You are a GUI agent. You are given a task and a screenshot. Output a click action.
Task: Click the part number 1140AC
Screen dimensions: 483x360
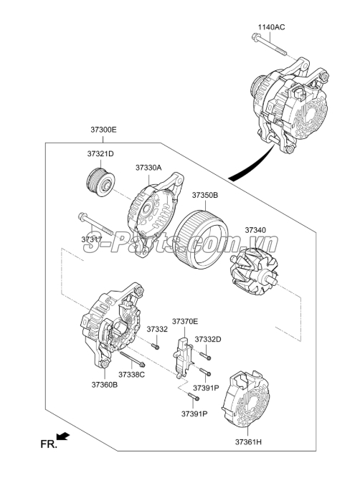[x=271, y=27]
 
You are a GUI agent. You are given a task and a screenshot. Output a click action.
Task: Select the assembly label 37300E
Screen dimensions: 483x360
[x=103, y=130]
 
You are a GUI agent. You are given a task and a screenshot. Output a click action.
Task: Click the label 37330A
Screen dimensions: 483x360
[x=149, y=168]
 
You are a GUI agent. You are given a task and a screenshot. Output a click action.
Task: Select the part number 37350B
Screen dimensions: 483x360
[x=204, y=195]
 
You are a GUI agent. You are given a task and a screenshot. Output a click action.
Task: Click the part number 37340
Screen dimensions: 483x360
[x=255, y=231]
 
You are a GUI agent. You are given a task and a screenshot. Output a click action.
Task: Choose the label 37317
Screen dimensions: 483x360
[x=91, y=239]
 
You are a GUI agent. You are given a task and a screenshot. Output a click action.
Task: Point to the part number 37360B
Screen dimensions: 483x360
[x=104, y=385]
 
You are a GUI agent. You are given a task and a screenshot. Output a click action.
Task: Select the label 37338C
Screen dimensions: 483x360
[x=132, y=375]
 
